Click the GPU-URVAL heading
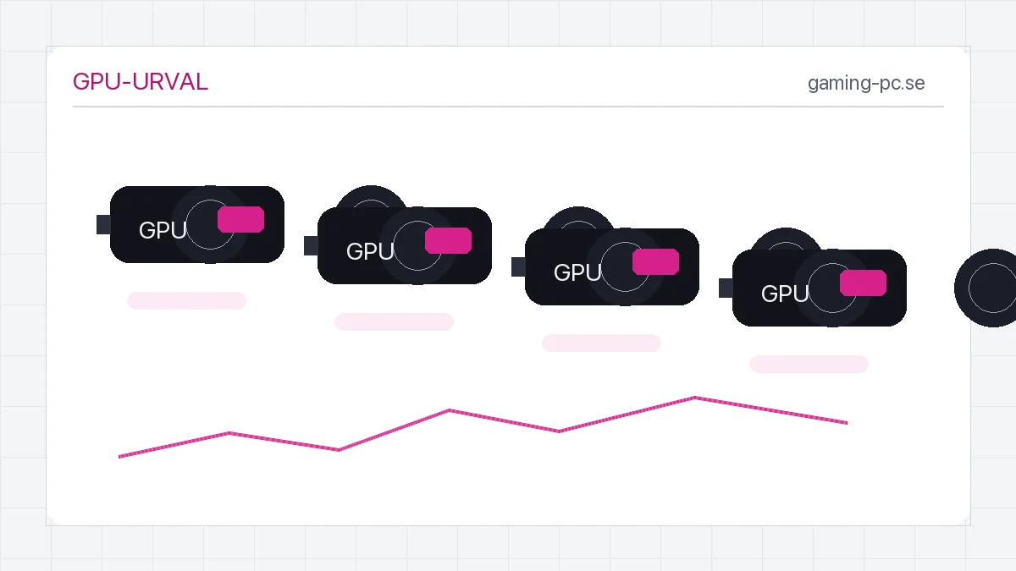(141, 82)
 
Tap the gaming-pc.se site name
(866, 84)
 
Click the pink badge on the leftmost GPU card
(240, 219)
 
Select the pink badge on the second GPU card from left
(448, 240)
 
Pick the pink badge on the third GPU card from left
(655, 261)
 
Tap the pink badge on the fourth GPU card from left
(863, 283)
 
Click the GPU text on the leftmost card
(163, 230)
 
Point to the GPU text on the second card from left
(370, 251)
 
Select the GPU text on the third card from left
(577, 272)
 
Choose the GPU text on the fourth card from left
(785, 294)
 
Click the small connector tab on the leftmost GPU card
(103, 224)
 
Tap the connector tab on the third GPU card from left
(518, 266)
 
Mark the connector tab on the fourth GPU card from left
(726, 288)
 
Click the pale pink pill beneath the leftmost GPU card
(186, 301)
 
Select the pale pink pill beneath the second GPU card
(394, 321)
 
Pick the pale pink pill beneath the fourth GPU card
(809, 365)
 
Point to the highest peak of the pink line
(694, 398)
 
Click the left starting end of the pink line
(119, 456)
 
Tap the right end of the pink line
(848, 423)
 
